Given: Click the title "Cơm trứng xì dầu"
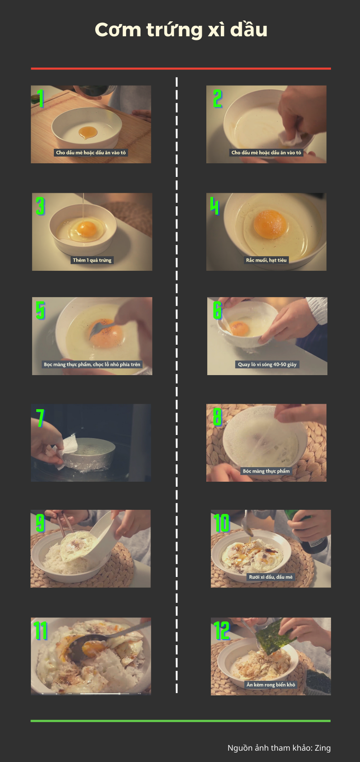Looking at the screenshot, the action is click(x=181, y=29).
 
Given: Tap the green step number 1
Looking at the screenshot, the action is click(x=41, y=98).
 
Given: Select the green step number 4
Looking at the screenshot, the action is click(x=214, y=206).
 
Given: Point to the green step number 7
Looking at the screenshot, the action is click(x=40, y=418).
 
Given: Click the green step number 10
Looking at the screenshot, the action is click(x=222, y=523).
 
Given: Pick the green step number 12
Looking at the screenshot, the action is click(x=222, y=630).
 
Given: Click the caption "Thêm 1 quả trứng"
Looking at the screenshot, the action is click(x=92, y=260).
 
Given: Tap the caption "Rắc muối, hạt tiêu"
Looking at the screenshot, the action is click(x=266, y=260).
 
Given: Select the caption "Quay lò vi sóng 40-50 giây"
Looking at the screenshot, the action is click(x=267, y=364).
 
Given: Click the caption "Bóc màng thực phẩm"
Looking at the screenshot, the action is click(x=266, y=471).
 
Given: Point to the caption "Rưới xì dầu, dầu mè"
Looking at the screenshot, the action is click(x=271, y=577).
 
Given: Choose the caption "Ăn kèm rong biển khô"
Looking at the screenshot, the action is click(x=271, y=684).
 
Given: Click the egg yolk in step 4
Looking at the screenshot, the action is click(x=270, y=224).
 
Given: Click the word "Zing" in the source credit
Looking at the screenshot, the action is click(x=323, y=747).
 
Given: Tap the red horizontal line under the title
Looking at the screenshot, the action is click(x=181, y=68).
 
